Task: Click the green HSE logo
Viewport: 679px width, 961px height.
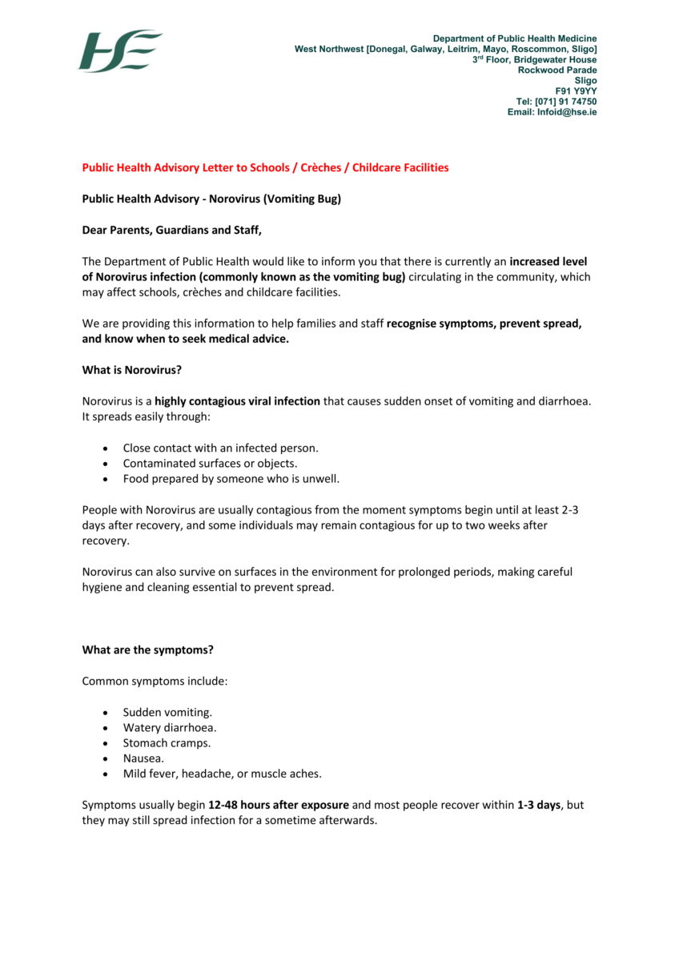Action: click(120, 51)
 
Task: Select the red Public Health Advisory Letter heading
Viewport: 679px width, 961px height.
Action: click(265, 167)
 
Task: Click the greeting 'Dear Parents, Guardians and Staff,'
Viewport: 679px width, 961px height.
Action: click(172, 231)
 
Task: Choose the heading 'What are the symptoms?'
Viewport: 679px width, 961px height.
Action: click(148, 649)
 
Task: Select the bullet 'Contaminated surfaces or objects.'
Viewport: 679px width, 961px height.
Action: click(210, 464)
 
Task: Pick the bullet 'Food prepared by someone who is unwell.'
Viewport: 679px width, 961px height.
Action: click(231, 479)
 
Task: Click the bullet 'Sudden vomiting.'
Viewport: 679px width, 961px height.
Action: click(167, 712)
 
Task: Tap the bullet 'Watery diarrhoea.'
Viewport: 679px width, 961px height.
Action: click(170, 728)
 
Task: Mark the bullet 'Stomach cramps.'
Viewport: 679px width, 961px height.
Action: click(167, 743)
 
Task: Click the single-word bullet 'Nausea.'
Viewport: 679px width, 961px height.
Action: click(143, 758)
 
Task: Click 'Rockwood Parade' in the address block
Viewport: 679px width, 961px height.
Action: click(556, 70)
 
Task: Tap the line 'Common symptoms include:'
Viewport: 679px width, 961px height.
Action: click(155, 682)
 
